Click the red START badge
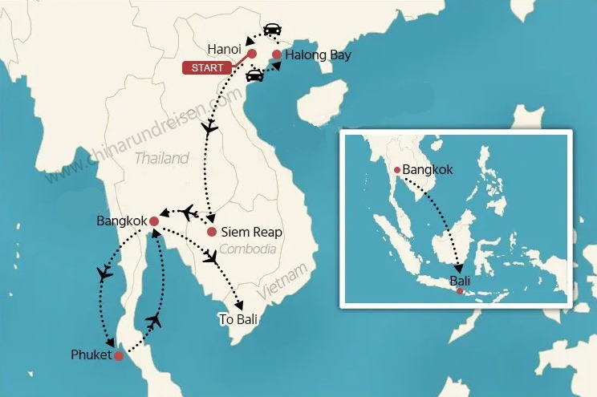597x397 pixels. click(208, 67)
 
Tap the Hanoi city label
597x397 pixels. click(225, 48)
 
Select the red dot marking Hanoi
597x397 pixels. click(251, 55)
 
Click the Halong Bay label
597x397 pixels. click(318, 55)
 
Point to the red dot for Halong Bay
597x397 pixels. click(277, 55)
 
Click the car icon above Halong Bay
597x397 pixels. click(273, 29)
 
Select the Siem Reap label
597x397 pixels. click(252, 233)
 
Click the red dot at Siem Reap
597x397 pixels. click(211, 233)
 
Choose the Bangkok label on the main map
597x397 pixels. click(120, 220)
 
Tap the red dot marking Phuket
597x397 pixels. click(119, 355)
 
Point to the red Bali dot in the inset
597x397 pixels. click(459, 291)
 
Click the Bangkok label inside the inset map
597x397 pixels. click(428, 170)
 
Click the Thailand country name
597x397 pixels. click(161, 158)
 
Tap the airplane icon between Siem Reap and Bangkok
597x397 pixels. click(189, 212)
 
